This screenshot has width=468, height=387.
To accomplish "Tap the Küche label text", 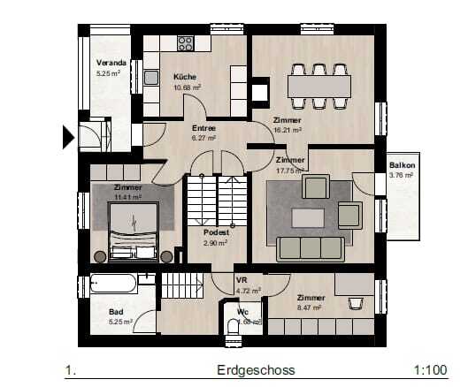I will [185, 77].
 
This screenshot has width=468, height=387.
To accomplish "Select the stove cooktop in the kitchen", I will [185, 42].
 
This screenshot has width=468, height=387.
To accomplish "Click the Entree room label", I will [204, 128].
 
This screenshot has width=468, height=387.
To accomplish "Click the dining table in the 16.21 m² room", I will [318, 87].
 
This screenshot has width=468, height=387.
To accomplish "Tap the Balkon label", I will [402, 165].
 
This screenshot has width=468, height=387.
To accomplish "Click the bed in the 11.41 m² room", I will [134, 229].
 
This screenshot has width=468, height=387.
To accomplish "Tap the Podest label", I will [216, 232].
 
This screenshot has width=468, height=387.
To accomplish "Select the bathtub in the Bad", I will [112, 285].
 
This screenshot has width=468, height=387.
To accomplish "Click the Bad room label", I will [116, 312].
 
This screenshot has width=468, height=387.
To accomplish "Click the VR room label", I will [240, 281].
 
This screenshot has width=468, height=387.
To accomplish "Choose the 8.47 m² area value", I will [311, 308].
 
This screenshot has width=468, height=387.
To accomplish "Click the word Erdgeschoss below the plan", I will [255, 370].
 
